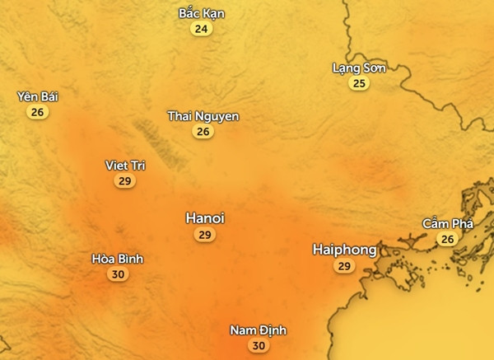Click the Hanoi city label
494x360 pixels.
pyautogui.click(x=205, y=218)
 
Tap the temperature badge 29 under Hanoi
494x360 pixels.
pyautogui.click(x=205, y=236)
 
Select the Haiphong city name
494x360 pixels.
pyautogui.click(x=345, y=249)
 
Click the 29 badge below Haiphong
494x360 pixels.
pyautogui.click(x=345, y=266)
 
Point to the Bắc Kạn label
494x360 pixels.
pyautogui.click(x=202, y=14)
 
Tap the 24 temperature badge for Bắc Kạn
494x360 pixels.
pyautogui.click(x=201, y=30)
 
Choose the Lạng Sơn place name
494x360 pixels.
pyautogui.click(x=358, y=68)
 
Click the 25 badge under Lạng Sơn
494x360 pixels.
pyautogui.click(x=358, y=83)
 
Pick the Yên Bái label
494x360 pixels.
pyautogui.click(x=38, y=97)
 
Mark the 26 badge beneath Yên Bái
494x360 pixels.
pyautogui.click(x=37, y=113)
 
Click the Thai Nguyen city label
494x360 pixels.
pyautogui.click(x=203, y=116)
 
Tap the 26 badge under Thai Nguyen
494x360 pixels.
pyautogui.click(x=203, y=131)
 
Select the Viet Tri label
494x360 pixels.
pyautogui.click(x=125, y=166)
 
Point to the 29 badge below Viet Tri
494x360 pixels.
pyautogui.click(x=125, y=181)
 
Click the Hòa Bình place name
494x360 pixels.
pyautogui.click(x=118, y=259)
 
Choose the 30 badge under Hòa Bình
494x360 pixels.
pyautogui.click(x=118, y=275)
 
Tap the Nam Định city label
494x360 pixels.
pyautogui.click(x=259, y=330)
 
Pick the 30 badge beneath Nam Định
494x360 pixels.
pyautogui.click(x=259, y=346)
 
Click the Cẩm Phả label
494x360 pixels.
pyautogui.click(x=446, y=224)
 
